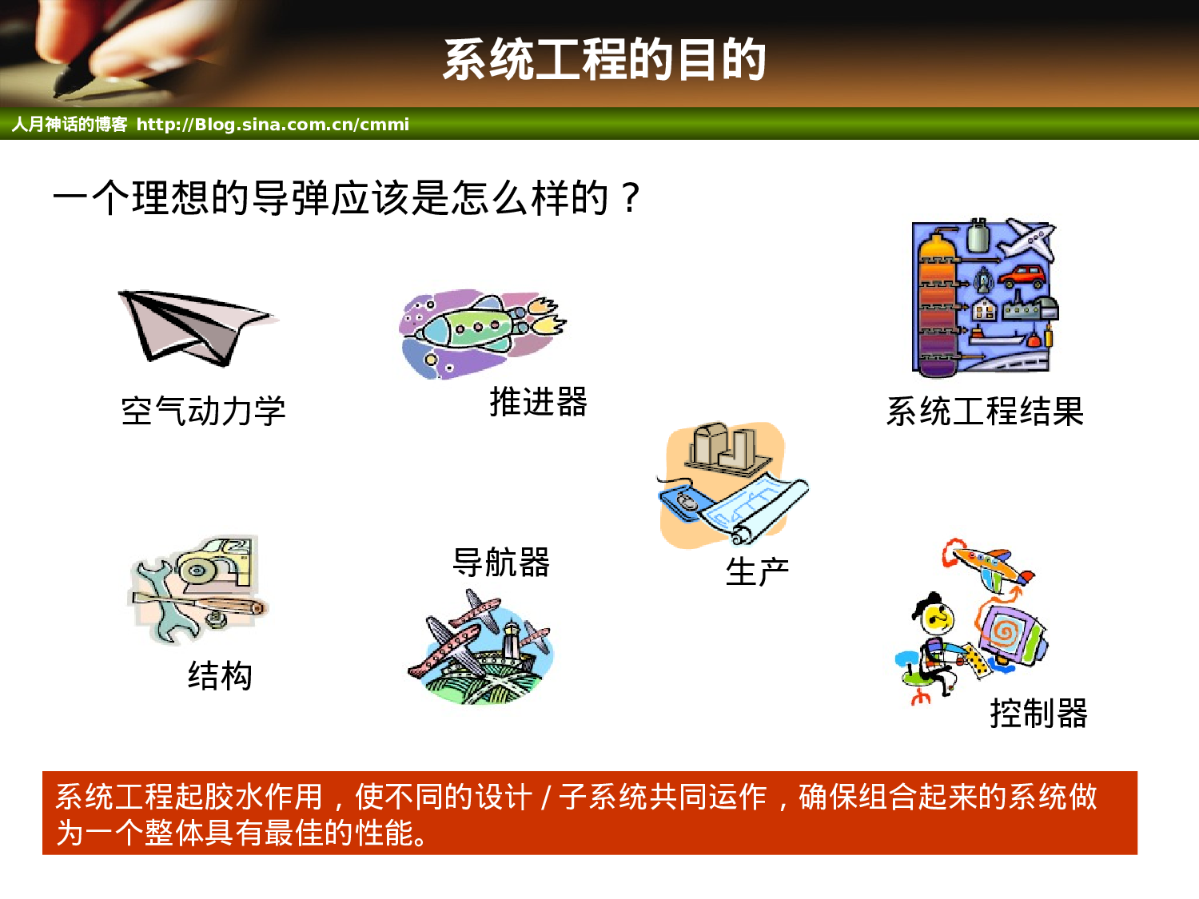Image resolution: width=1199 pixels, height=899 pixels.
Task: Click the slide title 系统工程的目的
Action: click(604, 60)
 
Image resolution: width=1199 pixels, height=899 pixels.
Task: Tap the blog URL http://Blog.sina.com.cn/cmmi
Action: click(273, 125)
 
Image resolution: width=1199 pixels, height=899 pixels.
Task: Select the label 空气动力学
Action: click(203, 412)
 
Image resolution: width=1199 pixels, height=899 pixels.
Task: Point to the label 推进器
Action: click(538, 402)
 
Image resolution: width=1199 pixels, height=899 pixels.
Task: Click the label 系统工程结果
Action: click(984, 412)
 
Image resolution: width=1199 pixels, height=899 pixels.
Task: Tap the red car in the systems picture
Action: click(1022, 276)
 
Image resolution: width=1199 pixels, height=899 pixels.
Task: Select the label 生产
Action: click(757, 572)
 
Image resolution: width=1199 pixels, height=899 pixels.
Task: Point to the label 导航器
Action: click(501, 563)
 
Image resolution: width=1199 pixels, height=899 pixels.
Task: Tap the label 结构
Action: click(220, 676)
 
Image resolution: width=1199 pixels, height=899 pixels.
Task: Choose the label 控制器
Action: click(1038, 714)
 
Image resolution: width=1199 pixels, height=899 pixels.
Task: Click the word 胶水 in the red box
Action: click(233, 797)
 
